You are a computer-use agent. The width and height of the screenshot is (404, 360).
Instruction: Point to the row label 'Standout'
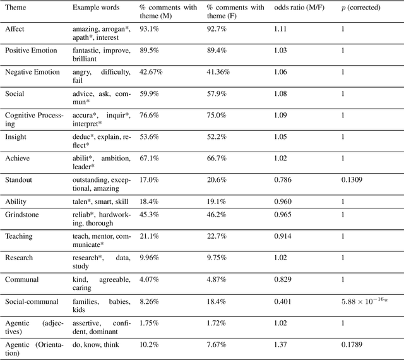coord(19,179)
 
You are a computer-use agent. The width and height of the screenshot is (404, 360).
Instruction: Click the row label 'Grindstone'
coord(23,214)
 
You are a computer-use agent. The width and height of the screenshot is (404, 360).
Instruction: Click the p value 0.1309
coord(353,179)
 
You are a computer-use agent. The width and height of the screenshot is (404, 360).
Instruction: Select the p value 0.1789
coord(353,345)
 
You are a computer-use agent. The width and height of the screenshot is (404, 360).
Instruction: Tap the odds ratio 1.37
coord(282,345)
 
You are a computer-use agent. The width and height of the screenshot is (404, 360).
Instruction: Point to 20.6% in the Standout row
coord(217,179)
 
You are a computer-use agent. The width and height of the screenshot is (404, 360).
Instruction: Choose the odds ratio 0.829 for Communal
coord(285,279)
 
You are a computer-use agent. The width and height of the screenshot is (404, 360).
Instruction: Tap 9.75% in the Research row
coord(217,257)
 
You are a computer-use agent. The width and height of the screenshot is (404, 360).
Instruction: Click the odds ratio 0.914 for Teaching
coord(285,236)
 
